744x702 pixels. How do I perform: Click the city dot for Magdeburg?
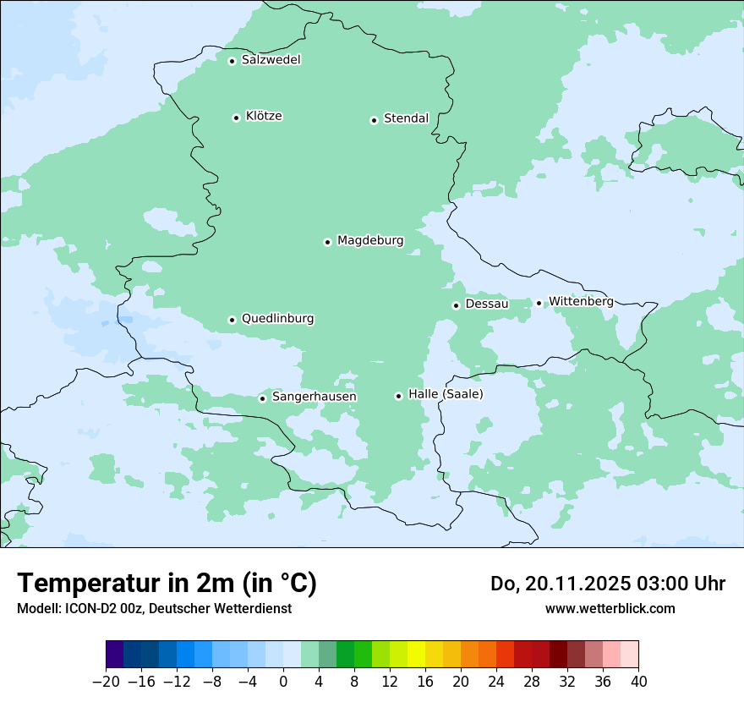tap(327, 242)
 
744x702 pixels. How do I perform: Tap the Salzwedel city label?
tap(271, 60)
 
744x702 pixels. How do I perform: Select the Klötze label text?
tap(264, 117)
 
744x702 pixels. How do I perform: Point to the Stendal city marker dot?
tap(374, 120)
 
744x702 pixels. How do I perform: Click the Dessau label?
tap(487, 304)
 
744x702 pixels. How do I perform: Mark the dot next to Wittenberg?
tap(539, 303)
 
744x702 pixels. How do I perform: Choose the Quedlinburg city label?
tap(277, 319)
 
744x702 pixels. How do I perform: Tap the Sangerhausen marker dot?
tap(262, 398)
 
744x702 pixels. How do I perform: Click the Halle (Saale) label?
tap(446, 394)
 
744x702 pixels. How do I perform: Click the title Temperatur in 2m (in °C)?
tap(167, 584)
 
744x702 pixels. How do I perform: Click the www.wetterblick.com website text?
tap(610, 608)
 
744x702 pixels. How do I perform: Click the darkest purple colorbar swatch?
tap(115, 655)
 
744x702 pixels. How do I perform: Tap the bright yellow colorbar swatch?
tap(416, 655)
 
